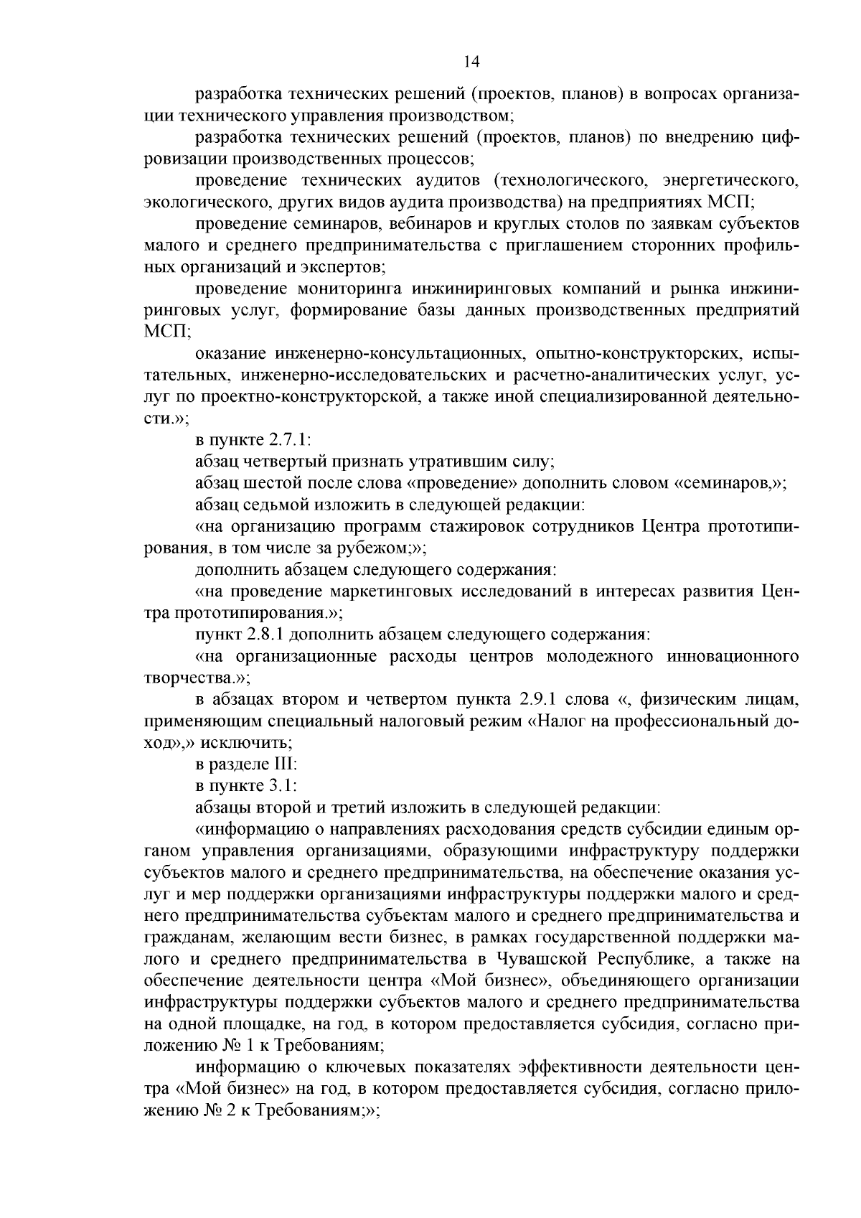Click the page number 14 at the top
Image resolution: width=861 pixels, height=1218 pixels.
(471, 62)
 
